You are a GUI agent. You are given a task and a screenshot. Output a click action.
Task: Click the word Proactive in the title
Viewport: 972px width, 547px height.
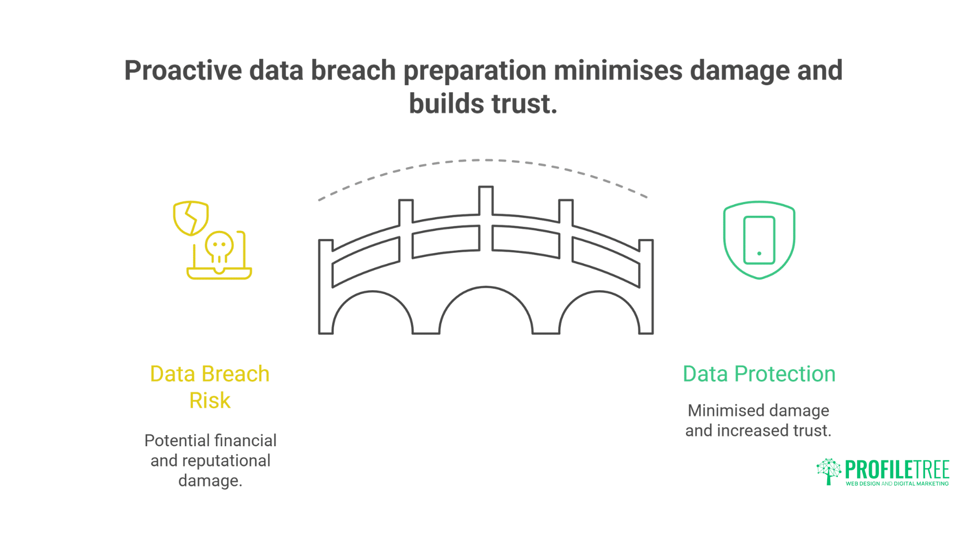pyautogui.click(x=183, y=70)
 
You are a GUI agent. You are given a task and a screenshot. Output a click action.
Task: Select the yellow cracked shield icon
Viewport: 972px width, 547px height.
pyautogui.click(x=191, y=218)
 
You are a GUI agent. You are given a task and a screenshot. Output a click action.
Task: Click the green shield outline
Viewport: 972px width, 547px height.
pyautogui.click(x=759, y=205)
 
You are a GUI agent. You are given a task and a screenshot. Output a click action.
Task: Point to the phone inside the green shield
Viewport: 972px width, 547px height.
pyautogui.click(x=759, y=240)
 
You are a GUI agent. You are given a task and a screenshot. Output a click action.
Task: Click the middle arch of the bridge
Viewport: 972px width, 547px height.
pyautogui.click(x=485, y=311)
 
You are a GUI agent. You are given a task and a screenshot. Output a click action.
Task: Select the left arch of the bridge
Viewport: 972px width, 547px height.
pyautogui.click(x=373, y=314)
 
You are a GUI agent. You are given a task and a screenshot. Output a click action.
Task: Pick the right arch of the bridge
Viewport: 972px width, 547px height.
pyautogui.click(x=599, y=314)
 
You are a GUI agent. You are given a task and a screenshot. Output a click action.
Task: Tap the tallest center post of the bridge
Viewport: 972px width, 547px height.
pyautogui.click(x=486, y=218)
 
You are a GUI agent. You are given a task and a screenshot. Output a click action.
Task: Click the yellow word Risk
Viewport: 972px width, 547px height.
pyautogui.click(x=210, y=401)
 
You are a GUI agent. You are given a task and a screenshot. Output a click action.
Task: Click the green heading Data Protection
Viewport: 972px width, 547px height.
pyautogui.click(x=758, y=374)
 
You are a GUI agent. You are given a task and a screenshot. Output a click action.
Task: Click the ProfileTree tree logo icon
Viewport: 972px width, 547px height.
pyautogui.click(x=828, y=472)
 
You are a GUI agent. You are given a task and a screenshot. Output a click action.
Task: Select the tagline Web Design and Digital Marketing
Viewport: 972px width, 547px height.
pyautogui.click(x=897, y=484)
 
